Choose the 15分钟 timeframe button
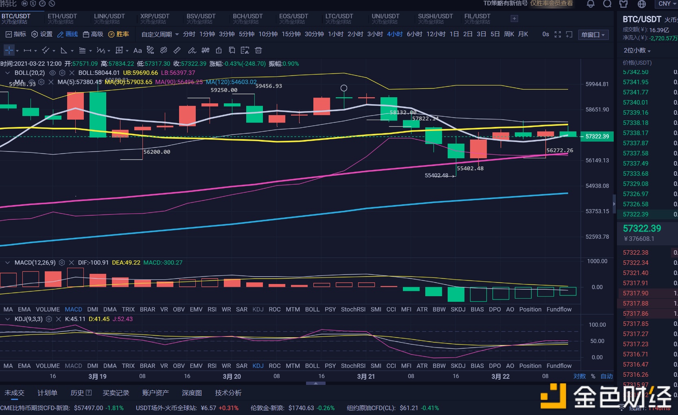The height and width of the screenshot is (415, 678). click(x=291, y=34)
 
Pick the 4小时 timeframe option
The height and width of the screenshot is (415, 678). click(x=394, y=34)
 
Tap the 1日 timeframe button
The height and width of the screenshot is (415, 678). click(x=454, y=34)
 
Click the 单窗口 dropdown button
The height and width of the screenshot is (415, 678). click(x=593, y=35)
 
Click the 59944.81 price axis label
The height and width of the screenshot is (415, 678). click(x=597, y=84)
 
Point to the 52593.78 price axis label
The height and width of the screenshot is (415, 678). click(x=597, y=237)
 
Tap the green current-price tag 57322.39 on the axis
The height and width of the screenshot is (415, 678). click(x=597, y=136)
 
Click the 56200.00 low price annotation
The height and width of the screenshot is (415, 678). click(x=157, y=152)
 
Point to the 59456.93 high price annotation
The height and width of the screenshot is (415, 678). click(x=269, y=86)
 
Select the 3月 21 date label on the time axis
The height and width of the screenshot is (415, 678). click(x=366, y=376)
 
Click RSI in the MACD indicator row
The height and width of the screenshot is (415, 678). click(x=212, y=309)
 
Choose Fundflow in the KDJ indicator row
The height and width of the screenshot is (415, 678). click(x=559, y=366)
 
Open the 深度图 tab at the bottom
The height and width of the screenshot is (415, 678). click(x=192, y=393)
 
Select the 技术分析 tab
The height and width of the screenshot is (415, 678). click(x=228, y=393)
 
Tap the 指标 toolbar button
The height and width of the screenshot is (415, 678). click(x=16, y=34)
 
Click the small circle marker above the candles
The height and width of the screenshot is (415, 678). click(x=344, y=88)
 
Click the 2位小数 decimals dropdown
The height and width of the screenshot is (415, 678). click(x=637, y=50)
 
